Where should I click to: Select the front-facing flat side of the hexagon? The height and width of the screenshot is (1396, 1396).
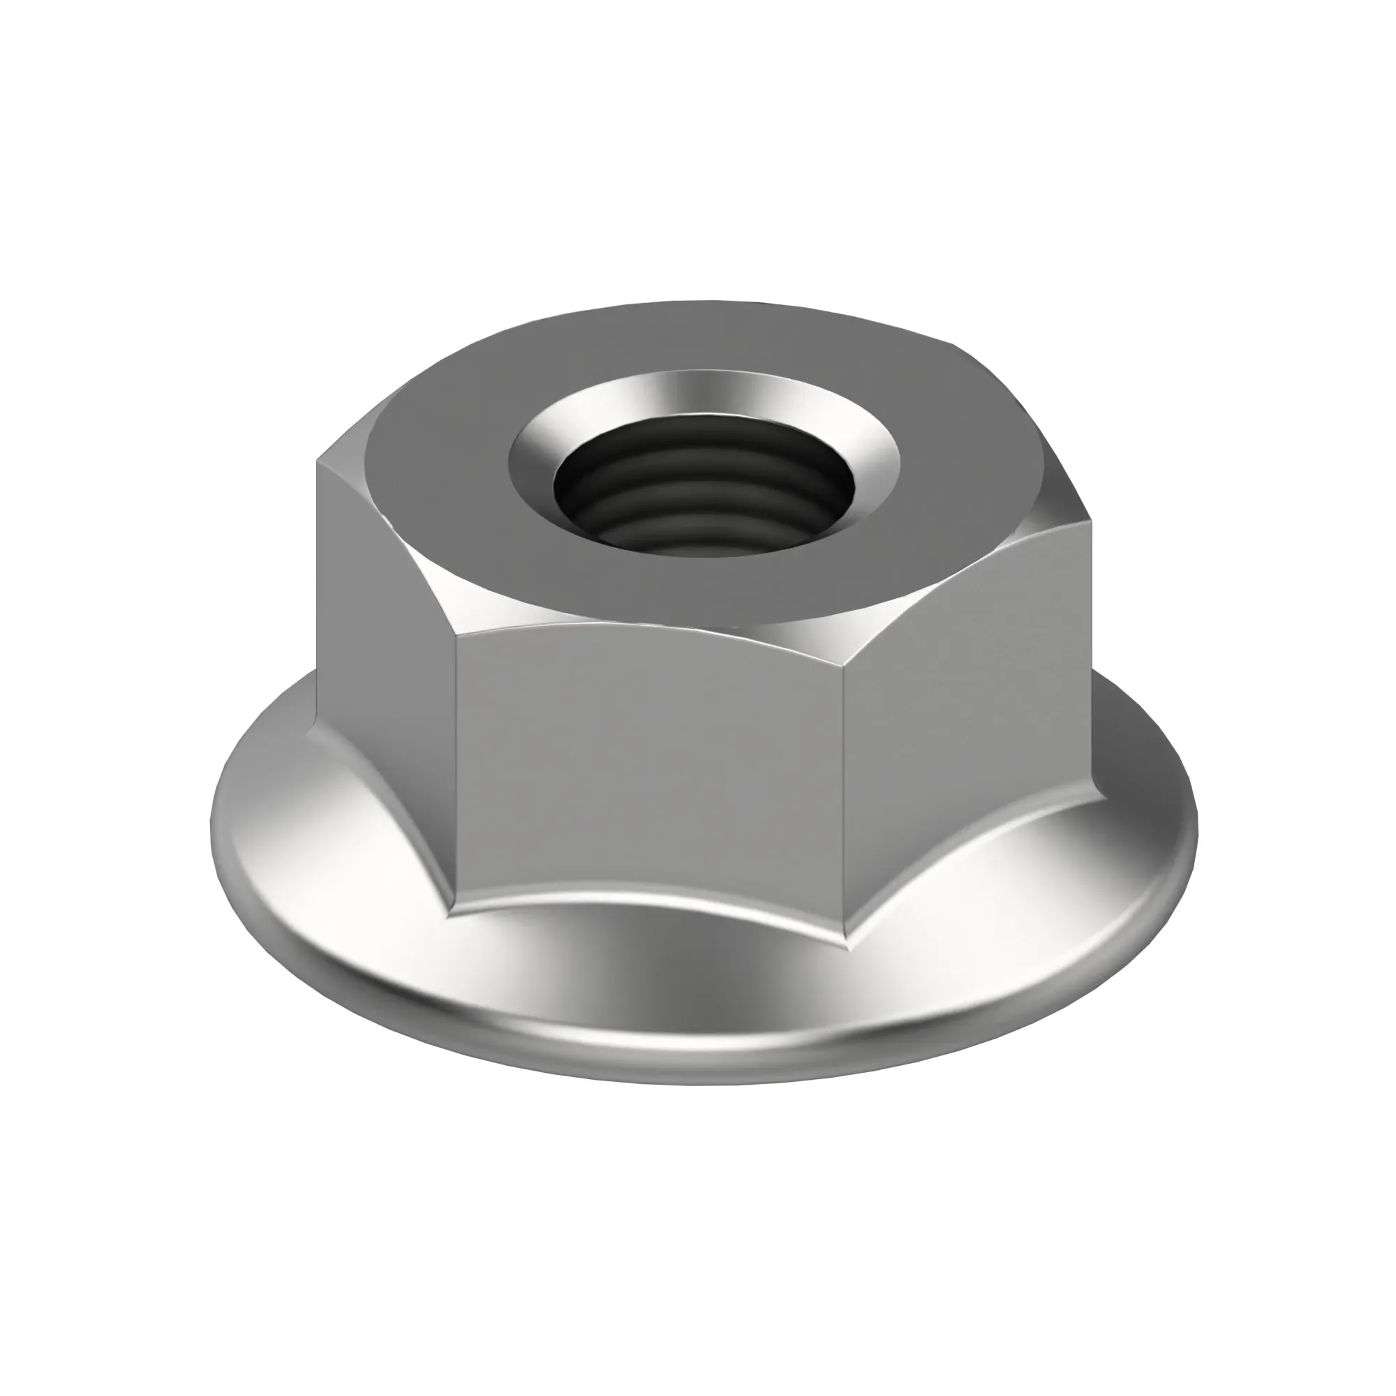[647, 766]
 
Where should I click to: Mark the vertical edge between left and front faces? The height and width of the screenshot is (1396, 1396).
[455, 766]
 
